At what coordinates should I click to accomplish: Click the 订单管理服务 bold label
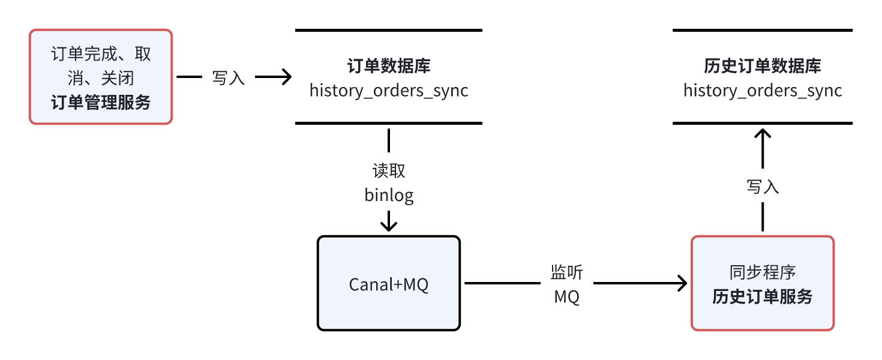101,103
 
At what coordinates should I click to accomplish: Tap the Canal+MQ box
389,283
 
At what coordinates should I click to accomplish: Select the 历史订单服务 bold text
762,296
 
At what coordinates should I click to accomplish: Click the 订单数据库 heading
389,66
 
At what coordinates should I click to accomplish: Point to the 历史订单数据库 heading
762,66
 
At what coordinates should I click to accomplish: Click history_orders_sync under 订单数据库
389,91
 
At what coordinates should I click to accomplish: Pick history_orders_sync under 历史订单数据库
762,91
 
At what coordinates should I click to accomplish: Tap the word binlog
389,195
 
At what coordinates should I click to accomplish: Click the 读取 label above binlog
389,171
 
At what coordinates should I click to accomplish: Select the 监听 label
566,272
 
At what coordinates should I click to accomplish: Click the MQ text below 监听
566,297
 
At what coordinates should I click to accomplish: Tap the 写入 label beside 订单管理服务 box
229,77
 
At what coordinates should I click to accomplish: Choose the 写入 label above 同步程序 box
763,187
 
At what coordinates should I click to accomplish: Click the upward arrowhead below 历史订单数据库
763,133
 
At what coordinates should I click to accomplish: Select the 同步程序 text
762,272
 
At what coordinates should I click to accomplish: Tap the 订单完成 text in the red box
84,54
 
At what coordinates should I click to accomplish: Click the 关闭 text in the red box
118,78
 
